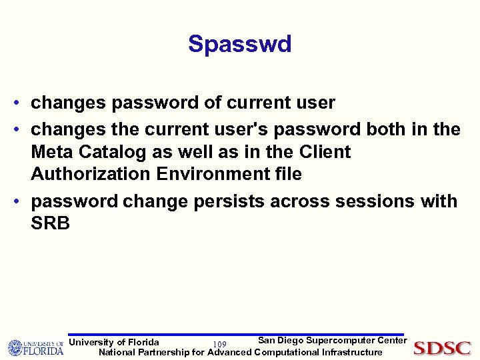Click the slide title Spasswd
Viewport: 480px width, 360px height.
click(239, 44)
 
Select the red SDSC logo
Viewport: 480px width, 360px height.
click(442, 347)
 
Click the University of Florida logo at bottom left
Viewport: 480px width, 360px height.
click(35, 347)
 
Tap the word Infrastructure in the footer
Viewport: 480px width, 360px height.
click(352, 352)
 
